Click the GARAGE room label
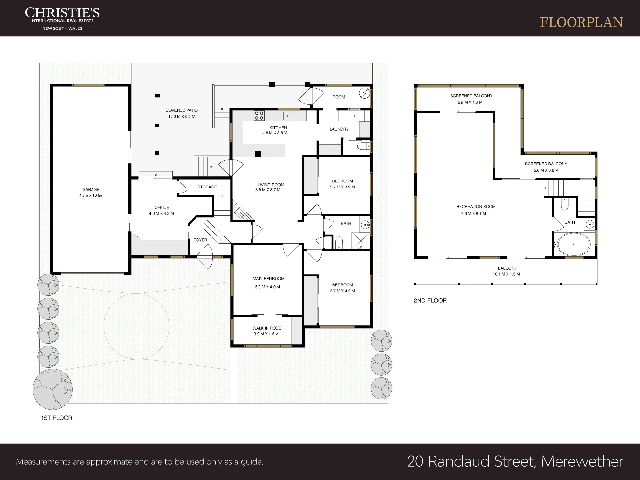click(91, 189)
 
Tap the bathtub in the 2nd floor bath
click(573, 244)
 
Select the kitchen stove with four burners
click(259, 116)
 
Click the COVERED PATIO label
click(181, 110)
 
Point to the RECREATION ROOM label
click(476, 207)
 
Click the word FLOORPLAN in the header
click(581, 22)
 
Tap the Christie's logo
click(62, 19)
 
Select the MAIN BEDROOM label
click(268, 279)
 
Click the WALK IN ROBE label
click(267, 328)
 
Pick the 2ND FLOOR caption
click(430, 300)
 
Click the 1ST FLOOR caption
click(57, 418)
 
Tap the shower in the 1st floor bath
click(361, 241)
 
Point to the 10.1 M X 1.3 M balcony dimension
click(506, 274)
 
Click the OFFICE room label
click(162, 207)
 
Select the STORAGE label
click(207, 187)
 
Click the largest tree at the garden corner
click(52, 389)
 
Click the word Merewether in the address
click(582, 461)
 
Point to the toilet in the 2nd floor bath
click(564, 204)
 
